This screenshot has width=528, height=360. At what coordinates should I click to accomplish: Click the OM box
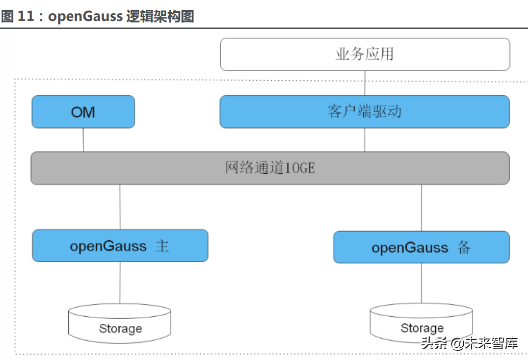[x=83, y=112]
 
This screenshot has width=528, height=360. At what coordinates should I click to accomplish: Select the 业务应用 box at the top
[x=365, y=54]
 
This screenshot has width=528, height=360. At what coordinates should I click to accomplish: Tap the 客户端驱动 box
[x=365, y=112]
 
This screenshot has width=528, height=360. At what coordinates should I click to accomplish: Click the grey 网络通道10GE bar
[x=270, y=168]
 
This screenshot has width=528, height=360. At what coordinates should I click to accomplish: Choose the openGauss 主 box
[x=120, y=246]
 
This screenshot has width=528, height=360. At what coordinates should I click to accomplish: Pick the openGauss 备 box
[x=421, y=247]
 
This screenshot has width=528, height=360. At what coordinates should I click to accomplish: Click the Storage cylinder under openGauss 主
[x=120, y=324]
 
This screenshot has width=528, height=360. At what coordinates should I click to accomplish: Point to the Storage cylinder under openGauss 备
[x=421, y=323]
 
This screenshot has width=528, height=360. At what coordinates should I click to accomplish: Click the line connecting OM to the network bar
[x=84, y=140]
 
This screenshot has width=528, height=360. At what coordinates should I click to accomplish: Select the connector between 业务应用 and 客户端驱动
[x=365, y=83]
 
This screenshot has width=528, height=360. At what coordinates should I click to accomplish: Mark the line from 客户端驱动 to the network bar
[x=365, y=140]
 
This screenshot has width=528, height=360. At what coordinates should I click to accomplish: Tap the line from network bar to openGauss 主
[x=120, y=207]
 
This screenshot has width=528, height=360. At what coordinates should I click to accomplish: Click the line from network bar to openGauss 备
[x=421, y=208]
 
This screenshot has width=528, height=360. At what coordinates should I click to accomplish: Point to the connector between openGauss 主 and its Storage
[x=120, y=282]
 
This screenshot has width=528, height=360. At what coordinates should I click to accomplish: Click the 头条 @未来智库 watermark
[x=469, y=343]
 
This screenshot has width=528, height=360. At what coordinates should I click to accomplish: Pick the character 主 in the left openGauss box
[x=162, y=246]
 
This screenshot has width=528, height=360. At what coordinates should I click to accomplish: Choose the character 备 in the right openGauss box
[x=464, y=248]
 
